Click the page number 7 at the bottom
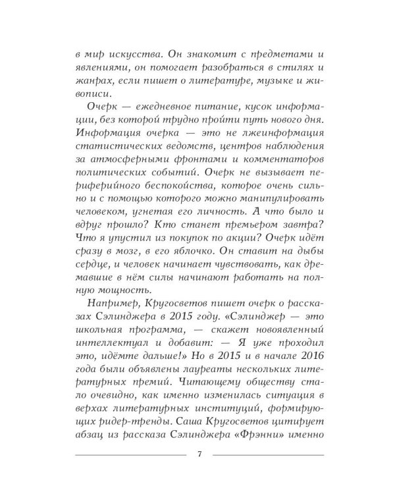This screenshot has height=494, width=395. pyautogui.click(x=199, y=455)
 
